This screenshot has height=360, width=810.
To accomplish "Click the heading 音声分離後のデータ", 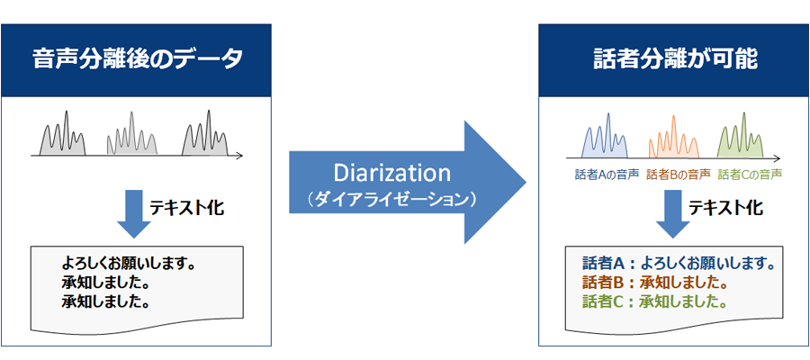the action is (x=137, y=60).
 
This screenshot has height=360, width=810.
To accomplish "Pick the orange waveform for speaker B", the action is (x=674, y=137).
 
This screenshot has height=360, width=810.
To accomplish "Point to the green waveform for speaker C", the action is (x=741, y=135).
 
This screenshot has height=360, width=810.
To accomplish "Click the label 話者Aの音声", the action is (x=606, y=175).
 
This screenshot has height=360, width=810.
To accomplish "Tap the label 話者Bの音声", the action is (x=677, y=175).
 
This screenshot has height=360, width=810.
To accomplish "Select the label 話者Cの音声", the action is (x=750, y=175).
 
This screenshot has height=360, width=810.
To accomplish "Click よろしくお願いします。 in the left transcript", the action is (x=128, y=264).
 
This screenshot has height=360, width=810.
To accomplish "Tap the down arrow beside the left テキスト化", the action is (x=134, y=213).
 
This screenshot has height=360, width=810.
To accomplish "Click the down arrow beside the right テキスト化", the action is (x=673, y=213).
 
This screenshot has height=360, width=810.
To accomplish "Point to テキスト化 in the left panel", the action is (x=186, y=208).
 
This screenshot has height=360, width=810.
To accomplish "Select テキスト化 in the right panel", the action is (x=725, y=208).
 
